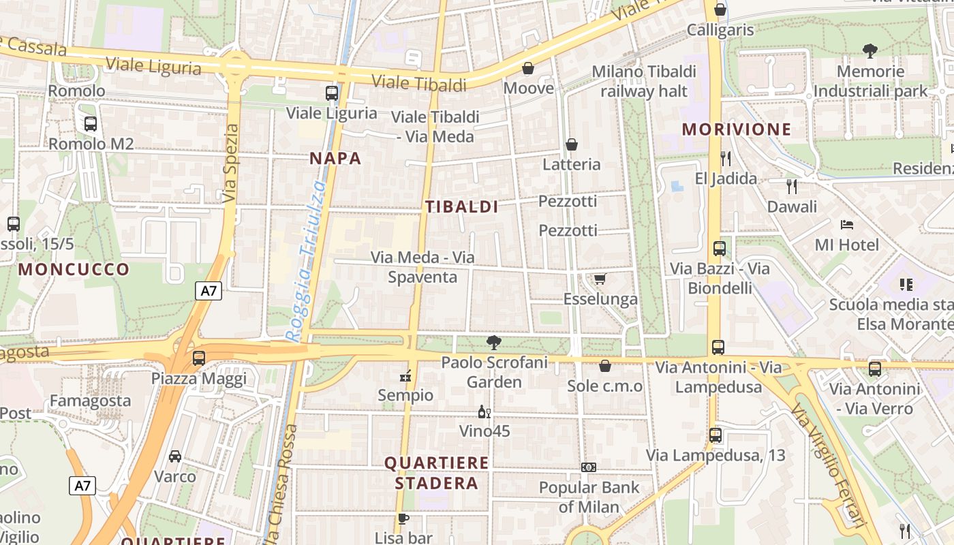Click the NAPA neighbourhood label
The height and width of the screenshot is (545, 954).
coord(335,159)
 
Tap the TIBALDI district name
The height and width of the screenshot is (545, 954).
coord(462,207)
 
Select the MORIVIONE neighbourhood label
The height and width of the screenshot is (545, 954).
coord(737,129)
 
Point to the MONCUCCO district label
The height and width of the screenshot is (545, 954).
coord(74,269)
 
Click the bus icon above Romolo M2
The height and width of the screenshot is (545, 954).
coord(91,124)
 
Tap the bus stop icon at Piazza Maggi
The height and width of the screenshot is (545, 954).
coord(198,358)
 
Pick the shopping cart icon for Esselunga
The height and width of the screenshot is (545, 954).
coord(600,279)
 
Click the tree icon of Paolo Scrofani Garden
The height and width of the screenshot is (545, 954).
coord(494,342)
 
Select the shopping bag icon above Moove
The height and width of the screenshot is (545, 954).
coord(528,68)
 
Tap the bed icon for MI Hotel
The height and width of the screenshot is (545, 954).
coord(847,224)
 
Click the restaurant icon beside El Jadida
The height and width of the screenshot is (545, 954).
coord(726,159)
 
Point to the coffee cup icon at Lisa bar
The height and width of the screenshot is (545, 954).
coord(403,518)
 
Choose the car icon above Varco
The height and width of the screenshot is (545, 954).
coord(175,456)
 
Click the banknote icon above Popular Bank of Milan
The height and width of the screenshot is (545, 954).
coord(589,467)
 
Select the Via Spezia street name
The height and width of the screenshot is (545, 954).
coord(231,163)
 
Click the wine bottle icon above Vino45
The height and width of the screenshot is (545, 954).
coord(484,411)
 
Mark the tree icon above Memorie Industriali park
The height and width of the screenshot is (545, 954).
coord(870,50)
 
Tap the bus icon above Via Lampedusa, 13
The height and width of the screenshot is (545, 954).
coord(715,435)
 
